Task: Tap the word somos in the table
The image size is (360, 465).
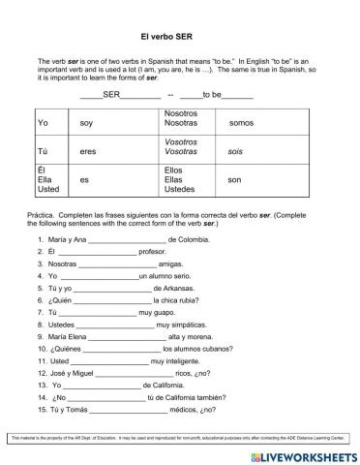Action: point(241,123)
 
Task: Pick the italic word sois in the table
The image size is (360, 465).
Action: point(235,151)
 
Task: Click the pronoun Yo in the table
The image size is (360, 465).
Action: point(43,123)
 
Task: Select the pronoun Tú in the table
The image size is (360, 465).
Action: point(43,151)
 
